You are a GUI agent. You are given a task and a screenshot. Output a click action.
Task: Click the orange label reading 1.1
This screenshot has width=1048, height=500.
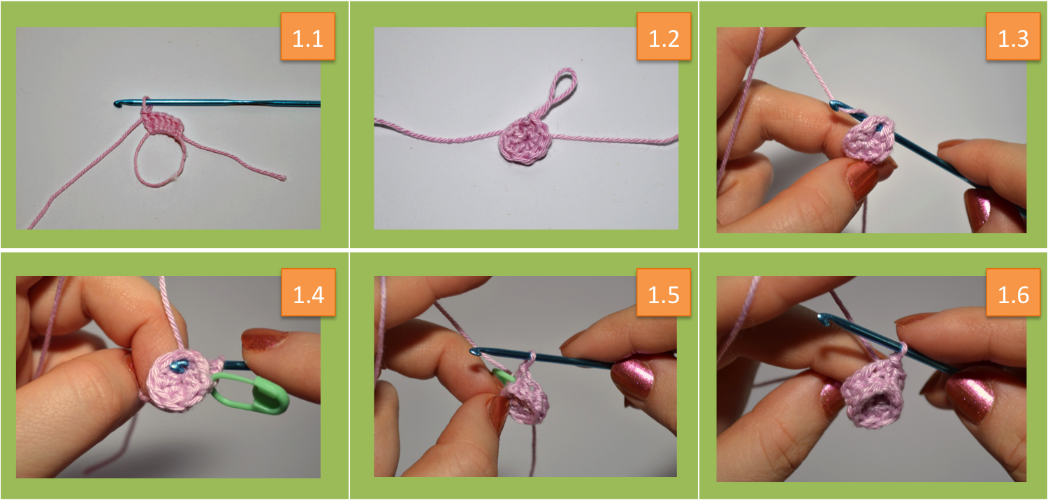click(308, 36)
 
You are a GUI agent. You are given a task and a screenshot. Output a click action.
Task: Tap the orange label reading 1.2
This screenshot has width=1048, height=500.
click(664, 36)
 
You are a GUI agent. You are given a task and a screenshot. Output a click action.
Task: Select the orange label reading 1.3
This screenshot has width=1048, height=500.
click(1013, 36)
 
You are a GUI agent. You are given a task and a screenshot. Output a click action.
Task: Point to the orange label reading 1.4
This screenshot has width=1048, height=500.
click(308, 293)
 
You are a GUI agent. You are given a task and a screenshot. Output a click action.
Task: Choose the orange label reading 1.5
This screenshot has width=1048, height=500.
click(664, 293)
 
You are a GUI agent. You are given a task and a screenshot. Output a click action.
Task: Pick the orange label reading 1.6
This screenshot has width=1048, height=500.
click(1013, 293)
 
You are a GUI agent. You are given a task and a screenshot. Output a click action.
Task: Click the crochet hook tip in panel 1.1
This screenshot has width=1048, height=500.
click(117, 103)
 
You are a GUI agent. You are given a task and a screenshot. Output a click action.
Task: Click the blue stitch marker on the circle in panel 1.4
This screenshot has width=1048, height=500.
click(179, 366)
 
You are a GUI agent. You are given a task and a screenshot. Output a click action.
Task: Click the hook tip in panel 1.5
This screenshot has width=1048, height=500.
click(474, 351)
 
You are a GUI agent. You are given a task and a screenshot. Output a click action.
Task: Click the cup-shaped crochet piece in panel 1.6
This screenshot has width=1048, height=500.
click(873, 393)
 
